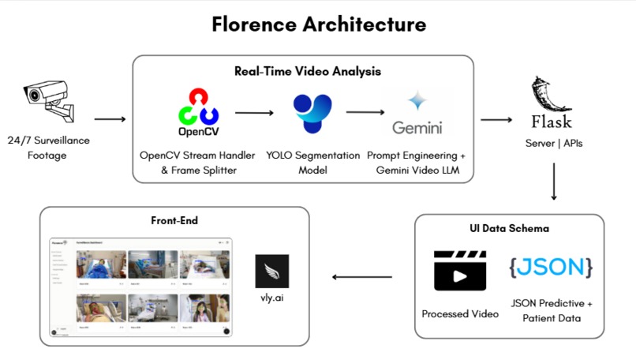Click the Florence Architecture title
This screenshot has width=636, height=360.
coord(319,24)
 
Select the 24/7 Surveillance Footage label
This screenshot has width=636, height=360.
coord(54,148)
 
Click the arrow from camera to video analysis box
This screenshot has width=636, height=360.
coord(110,120)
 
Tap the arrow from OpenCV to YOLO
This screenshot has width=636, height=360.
coord(253,113)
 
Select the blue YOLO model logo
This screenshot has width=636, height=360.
coord(312,113)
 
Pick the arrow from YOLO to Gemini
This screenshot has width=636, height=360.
coord(365,112)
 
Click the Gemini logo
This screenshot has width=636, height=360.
coord(417,114)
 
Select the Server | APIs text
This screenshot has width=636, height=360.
coord(553,144)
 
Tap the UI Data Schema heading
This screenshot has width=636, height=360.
coord(509,228)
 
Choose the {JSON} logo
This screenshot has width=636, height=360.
coord(551,266)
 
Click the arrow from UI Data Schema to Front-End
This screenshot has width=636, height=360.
coord(361,277)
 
